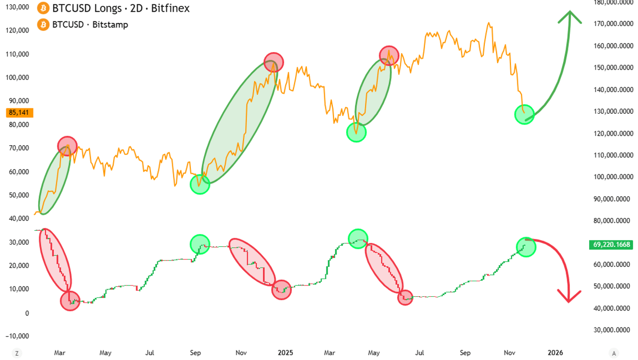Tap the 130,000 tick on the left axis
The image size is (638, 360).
16,7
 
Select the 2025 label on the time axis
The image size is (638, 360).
286,353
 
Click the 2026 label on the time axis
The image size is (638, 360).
556,353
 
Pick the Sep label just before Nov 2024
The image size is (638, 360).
196,353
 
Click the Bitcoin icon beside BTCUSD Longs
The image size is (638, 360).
41,9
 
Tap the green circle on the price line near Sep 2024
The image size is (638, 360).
200,185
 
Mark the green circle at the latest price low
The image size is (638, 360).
524,114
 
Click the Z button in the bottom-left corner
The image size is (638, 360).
17,353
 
